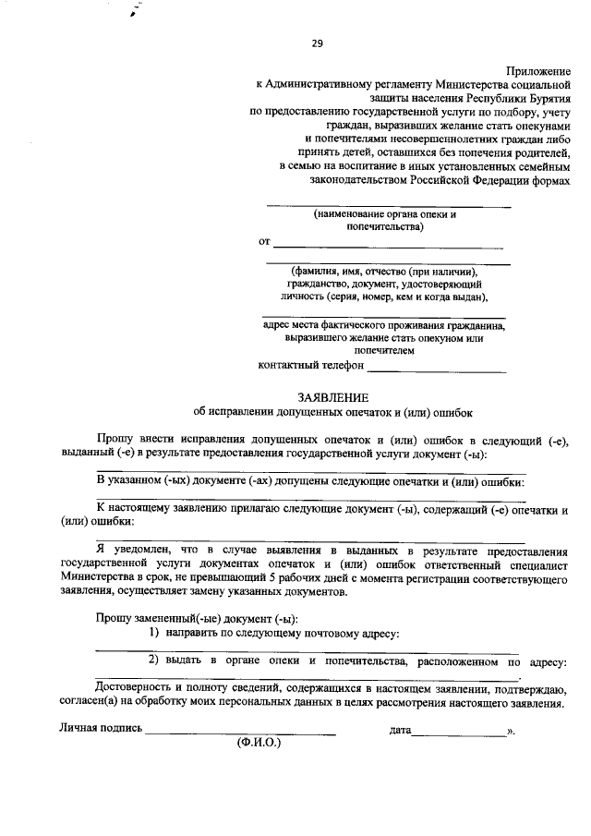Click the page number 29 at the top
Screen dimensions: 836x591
pos(317,43)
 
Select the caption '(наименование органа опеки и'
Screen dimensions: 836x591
pos(385,214)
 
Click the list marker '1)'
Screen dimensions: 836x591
pos(156,633)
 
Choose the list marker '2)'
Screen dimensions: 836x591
pos(156,661)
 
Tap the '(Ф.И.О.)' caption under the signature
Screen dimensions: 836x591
pos(259,742)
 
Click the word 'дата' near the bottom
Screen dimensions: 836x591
pos(400,730)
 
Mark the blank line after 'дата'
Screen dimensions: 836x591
pos(458,731)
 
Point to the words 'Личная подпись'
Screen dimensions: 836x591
pos(101,728)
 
